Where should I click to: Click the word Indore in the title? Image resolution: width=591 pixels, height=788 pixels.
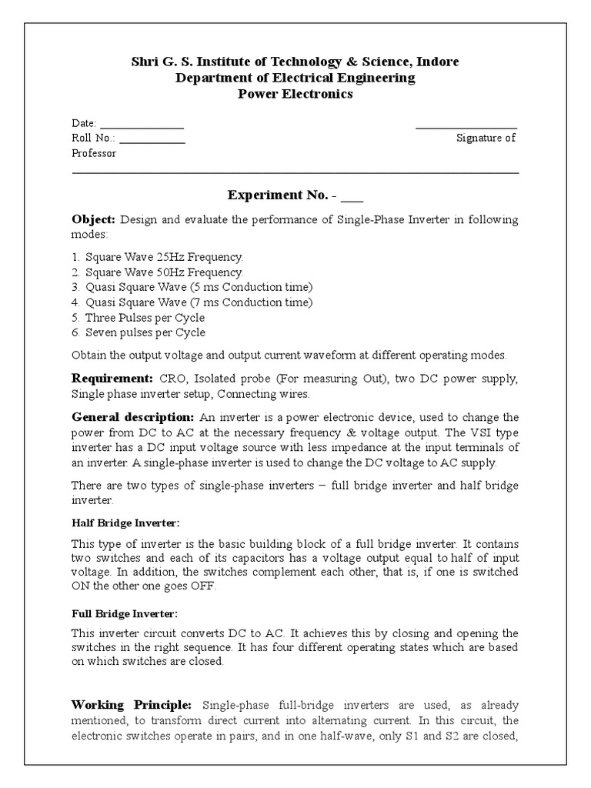coord(441,62)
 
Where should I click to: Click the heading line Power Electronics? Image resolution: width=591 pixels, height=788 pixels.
coord(295,94)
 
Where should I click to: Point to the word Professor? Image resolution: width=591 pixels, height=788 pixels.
coord(94,153)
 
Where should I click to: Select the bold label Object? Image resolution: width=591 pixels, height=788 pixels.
coord(94,220)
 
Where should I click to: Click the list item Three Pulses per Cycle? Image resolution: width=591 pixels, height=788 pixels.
coord(145,318)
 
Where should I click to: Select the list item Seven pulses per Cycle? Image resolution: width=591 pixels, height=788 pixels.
coord(145,332)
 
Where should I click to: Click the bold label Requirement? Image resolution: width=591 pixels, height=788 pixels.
coord(113,379)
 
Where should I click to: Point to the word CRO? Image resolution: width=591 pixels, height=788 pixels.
coord(172,379)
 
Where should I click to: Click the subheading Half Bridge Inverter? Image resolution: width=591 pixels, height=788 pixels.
coord(125,523)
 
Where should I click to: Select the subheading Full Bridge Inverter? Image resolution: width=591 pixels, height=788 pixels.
coord(124,614)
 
